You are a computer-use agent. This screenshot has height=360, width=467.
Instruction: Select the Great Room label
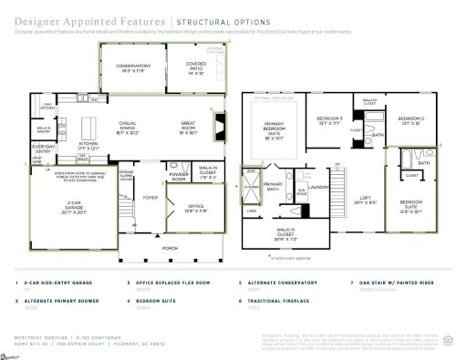point(189,125)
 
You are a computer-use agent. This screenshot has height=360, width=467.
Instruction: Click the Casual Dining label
point(134,128)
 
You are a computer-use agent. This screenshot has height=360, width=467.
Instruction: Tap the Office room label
point(182,205)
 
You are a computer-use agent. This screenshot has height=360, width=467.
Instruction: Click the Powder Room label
point(179,176)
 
